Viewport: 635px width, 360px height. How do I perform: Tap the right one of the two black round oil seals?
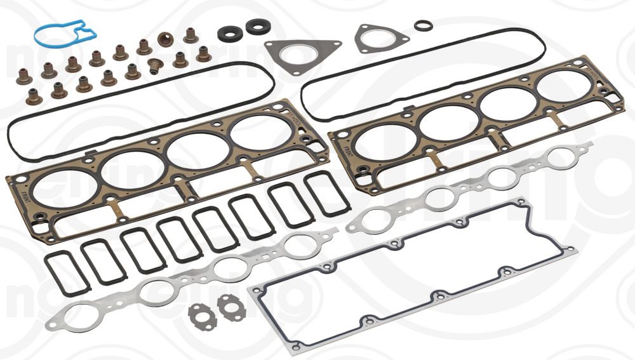point(257,27)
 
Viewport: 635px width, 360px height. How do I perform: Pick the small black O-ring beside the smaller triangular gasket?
point(424,25)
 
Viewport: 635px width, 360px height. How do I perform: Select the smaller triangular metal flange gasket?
point(381,38)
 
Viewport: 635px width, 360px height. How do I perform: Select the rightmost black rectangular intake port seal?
point(325,192)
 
